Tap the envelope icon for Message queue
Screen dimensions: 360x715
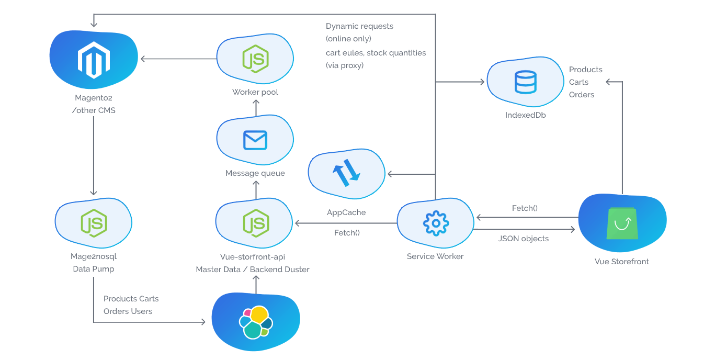(255, 140)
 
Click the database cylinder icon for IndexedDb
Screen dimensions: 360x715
(525, 82)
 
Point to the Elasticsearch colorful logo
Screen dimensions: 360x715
(256, 322)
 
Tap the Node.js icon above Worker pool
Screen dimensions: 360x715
(255, 59)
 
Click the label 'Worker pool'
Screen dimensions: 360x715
(255, 92)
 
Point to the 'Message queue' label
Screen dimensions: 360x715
(255, 173)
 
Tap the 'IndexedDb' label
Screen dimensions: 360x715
(525, 115)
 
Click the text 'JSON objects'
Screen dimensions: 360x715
(524, 239)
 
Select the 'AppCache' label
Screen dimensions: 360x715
(346, 212)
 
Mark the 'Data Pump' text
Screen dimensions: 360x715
(93, 269)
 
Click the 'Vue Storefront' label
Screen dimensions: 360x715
(622, 262)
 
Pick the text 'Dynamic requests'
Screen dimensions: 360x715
(359, 26)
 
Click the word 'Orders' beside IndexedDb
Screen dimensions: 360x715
(582, 95)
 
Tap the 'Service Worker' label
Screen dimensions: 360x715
(435, 256)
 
